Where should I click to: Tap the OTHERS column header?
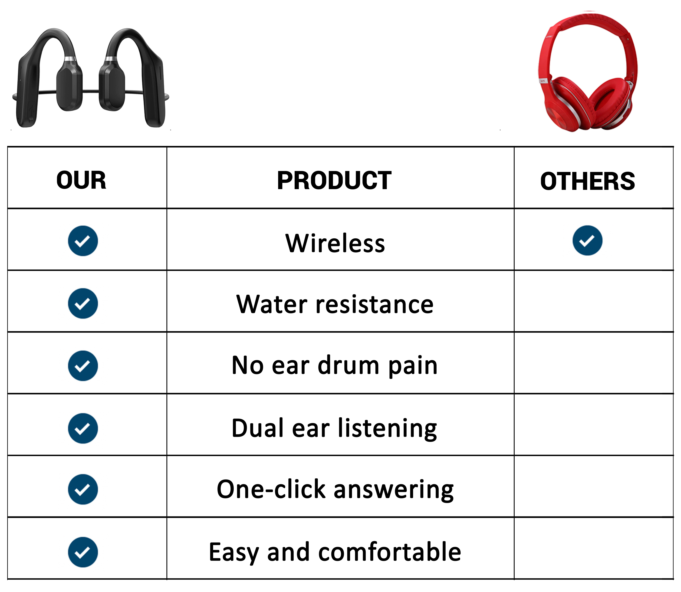[588, 181]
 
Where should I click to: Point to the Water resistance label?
[335, 304]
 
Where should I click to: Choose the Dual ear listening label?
[334, 428]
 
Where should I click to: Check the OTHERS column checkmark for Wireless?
[588, 240]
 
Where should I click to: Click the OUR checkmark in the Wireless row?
[83, 241]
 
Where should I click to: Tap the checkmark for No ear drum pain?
[83, 366]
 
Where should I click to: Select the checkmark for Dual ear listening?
[83, 428]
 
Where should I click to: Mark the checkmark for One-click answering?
[83, 489]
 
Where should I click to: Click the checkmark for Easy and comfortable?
[83, 552]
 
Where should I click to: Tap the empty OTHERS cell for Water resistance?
[594, 301]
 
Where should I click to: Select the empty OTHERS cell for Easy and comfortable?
[594, 548]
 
